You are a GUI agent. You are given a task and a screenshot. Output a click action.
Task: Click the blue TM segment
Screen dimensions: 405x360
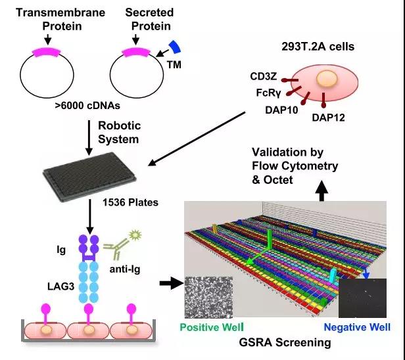pos(175,47)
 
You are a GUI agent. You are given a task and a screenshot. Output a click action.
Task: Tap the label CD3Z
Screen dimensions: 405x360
pos(263,76)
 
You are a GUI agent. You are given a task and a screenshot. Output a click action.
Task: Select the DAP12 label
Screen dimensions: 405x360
pos(328,118)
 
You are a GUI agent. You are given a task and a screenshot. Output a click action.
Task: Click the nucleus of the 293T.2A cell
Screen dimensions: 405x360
pos(327,79)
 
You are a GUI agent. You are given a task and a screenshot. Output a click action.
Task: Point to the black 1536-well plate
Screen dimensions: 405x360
pos(89,177)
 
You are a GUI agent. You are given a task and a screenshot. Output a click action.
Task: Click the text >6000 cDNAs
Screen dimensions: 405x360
pos(87,106)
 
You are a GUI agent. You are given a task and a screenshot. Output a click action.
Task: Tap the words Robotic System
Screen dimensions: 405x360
pos(120,133)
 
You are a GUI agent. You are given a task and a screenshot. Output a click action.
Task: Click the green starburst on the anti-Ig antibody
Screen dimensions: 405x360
pos(135,235)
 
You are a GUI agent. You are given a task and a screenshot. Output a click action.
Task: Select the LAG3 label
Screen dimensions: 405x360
pos(61,286)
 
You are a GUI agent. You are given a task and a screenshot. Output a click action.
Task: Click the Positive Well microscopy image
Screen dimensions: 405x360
pos(208,298)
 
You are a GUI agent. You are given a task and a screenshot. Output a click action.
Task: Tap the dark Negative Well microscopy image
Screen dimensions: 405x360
pos(362,298)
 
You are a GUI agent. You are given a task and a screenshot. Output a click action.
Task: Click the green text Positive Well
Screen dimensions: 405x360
pos(212,327)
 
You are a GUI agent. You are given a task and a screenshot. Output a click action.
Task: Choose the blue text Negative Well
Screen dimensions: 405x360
pos(357,327)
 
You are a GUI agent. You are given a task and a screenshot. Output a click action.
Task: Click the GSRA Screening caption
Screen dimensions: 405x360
pos(285,343)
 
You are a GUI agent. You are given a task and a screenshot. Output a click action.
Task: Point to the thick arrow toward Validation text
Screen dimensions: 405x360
pos(322,191)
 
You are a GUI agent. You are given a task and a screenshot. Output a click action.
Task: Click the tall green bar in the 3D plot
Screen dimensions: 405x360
pos(270,239)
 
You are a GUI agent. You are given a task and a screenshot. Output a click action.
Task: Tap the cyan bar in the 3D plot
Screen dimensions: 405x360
pos(333,275)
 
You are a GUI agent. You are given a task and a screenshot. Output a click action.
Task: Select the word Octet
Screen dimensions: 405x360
pos(278,180)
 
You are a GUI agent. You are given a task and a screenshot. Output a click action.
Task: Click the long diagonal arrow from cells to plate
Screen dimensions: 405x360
pos(197,139)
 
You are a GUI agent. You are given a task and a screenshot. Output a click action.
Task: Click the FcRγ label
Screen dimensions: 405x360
pos(268,93)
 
